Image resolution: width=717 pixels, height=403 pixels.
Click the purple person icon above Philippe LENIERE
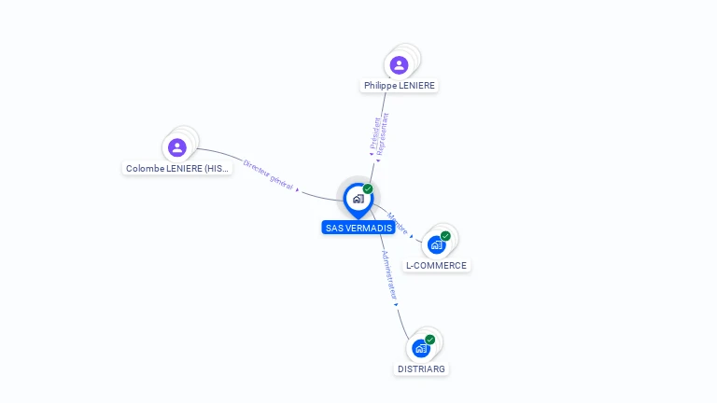point(399,65)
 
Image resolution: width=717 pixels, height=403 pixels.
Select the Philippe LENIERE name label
point(400,86)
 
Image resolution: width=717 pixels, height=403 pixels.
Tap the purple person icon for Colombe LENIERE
point(177,147)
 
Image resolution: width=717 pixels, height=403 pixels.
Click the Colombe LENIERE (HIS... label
point(177,169)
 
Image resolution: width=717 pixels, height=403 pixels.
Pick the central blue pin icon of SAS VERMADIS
point(358,199)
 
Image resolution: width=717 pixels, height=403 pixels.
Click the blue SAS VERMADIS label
point(358,228)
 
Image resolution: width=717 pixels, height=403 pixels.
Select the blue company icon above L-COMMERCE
point(436,244)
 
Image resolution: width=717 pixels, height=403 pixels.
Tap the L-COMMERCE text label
point(436,266)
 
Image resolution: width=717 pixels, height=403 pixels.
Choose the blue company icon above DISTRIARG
point(421,348)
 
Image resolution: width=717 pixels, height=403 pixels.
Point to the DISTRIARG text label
point(422,368)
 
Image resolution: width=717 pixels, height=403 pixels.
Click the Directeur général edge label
point(268,174)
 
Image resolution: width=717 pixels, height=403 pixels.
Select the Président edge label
point(373,132)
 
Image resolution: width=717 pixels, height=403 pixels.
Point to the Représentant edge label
point(383,132)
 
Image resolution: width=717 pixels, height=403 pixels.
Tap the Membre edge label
point(398,222)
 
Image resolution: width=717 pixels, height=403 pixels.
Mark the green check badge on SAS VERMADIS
point(368,188)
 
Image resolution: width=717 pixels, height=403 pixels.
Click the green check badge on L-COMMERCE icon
point(445,236)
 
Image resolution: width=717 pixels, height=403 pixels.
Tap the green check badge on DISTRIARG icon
point(429,340)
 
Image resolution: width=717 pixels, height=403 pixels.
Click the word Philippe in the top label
point(380,86)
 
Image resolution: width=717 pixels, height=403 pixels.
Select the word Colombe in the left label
point(146,169)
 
